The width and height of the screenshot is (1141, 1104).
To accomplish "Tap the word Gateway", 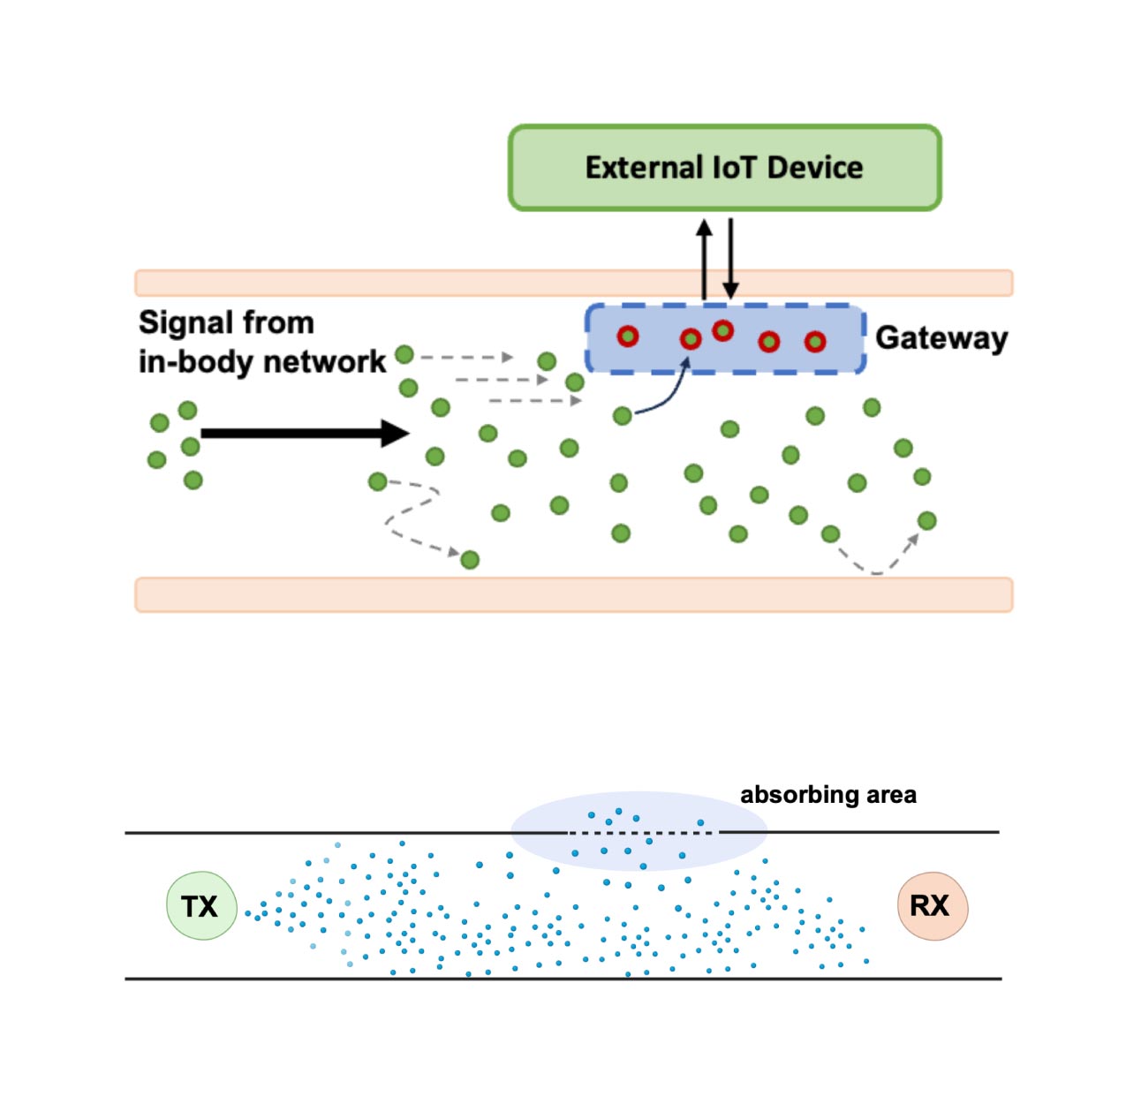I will point(941,338).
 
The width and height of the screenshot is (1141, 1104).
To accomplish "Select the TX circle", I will point(201,906).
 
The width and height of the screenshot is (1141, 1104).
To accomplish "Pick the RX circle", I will point(932,906).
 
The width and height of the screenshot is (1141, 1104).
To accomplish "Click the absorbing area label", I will point(827,795).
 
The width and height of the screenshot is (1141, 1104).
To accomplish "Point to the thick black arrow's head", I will point(397,433).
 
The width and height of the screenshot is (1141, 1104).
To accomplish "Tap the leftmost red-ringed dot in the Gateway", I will point(627,336).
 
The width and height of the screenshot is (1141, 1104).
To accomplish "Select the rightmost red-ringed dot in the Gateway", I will point(815,341).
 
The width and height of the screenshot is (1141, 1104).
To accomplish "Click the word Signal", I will point(180,323).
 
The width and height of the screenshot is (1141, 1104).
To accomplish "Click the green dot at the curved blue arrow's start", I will point(623,415).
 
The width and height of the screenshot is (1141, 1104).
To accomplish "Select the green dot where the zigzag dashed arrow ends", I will point(470,559).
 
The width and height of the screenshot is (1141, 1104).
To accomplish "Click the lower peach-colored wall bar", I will point(573,594).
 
